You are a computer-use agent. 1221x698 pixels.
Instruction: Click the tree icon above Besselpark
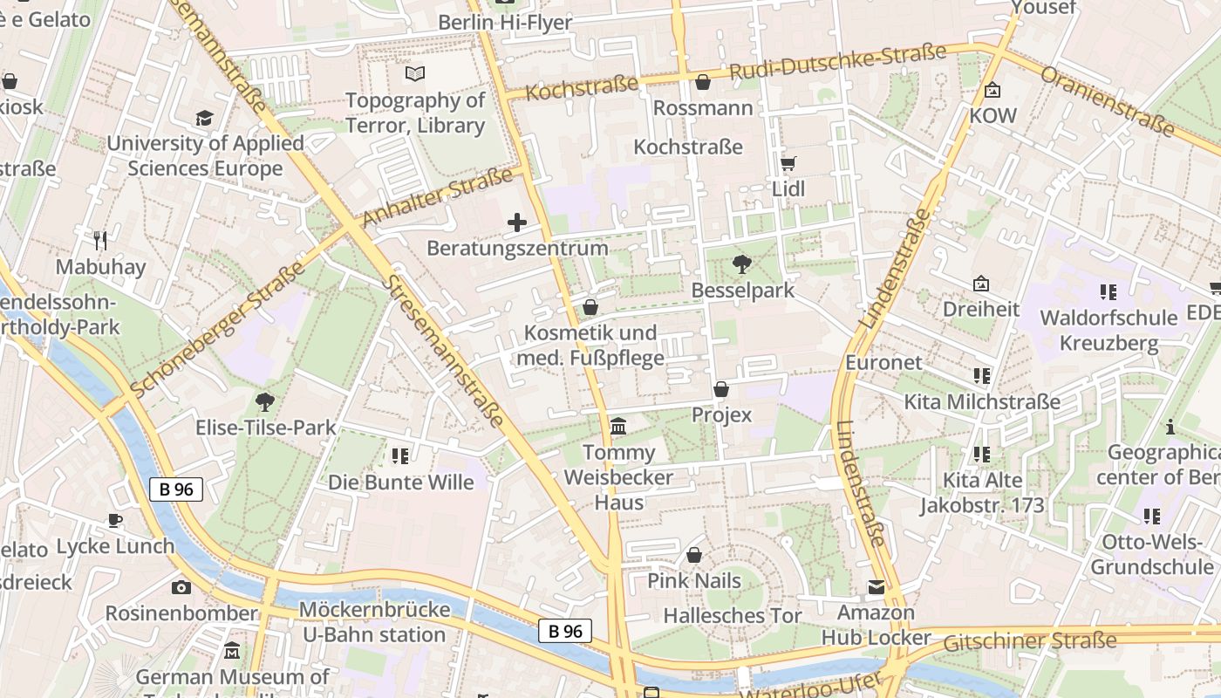click(x=742, y=263)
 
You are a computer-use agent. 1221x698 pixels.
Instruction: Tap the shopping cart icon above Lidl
click(x=788, y=163)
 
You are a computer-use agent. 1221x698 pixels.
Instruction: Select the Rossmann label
click(x=702, y=107)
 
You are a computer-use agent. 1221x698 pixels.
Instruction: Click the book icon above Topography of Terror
click(x=415, y=74)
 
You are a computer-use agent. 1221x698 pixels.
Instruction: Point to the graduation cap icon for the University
click(x=204, y=118)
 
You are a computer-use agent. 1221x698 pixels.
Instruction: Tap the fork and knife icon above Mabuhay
click(x=100, y=240)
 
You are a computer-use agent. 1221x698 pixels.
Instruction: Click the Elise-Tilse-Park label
click(x=266, y=428)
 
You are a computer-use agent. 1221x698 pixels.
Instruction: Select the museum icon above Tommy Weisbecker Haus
click(x=618, y=426)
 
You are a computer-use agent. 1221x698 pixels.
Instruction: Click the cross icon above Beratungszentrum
click(x=517, y=222)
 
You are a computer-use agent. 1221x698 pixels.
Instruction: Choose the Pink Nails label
click(x=694, y=580)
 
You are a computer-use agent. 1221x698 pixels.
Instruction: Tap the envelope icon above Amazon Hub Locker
click(x=876, y=587)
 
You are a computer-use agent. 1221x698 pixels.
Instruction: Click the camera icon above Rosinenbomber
click(x=181, y=587)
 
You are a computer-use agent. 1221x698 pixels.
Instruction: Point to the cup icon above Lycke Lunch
click(x=115, y=521)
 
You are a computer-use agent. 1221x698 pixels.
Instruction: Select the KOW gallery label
click(x=992, y=115)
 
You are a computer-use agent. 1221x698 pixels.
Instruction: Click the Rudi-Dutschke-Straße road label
click(x=837, y=63)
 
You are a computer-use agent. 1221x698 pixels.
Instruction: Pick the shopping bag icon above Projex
click(x=721, y=389)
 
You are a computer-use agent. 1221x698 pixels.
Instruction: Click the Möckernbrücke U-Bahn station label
click(x=374, y=621)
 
